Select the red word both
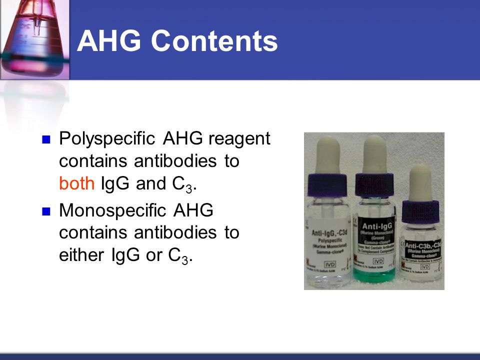tap(76, 184)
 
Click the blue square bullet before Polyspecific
tap(47, 139)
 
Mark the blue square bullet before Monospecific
tap(47, 211)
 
